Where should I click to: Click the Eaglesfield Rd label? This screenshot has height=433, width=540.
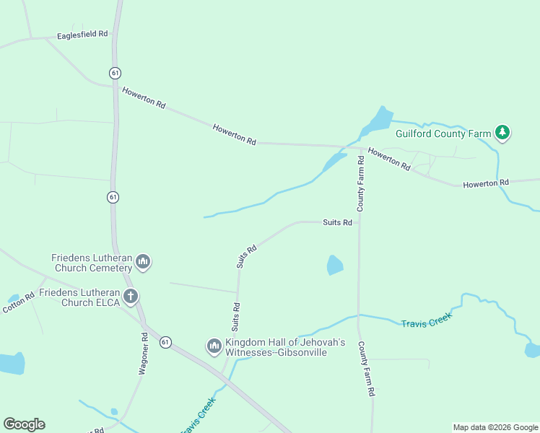[x=82, y=34]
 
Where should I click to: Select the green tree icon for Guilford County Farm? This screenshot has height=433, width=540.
[x=502, y=132]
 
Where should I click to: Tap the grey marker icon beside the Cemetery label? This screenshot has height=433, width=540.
[x=143, y=261]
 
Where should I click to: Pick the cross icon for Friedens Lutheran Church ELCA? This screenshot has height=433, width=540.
[x=131, y=295]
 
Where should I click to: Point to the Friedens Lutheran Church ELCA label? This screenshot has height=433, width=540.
[x=79, y=297]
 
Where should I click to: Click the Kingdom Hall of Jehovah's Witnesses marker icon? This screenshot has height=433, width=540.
[x=214, y=346]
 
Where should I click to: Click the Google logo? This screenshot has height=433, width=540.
[x=24, y=424]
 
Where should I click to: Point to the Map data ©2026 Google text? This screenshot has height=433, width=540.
[x=496, y=427]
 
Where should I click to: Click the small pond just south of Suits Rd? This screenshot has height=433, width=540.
[x=335, y=265]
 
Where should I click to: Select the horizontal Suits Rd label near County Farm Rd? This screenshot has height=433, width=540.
[x=337, y=222]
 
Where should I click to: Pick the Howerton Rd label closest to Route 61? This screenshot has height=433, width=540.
[x=144, y=97]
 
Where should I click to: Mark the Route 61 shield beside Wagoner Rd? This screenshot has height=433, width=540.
[x=166, y=341]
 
